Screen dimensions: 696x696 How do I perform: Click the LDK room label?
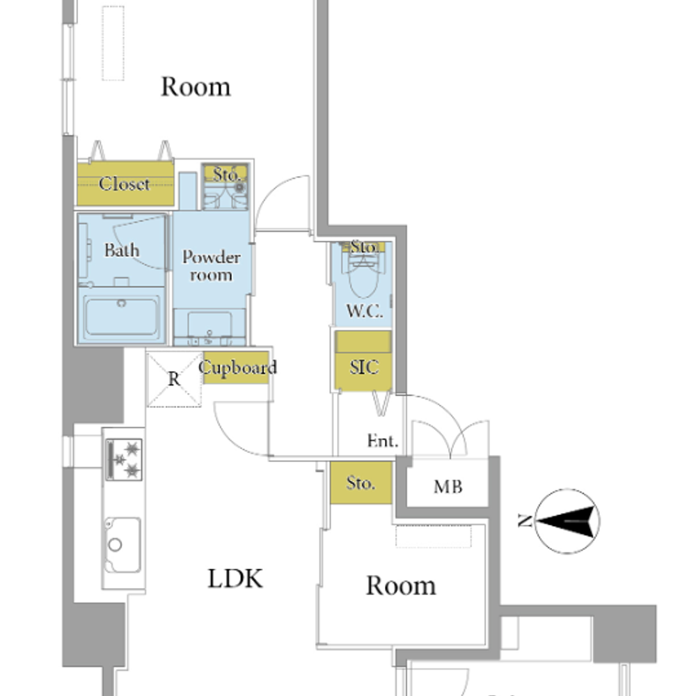click(x=235, y=579)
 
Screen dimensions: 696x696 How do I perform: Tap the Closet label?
click(x=125, y=184)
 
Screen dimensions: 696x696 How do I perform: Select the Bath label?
click(x=122, y=251)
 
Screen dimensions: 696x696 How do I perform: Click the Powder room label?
click(x=212, y=266)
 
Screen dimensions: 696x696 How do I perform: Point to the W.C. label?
click(x=365, y=311)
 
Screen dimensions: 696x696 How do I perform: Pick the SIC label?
click(x=364, y=367)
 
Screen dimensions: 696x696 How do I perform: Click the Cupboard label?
click(x=238, y=367)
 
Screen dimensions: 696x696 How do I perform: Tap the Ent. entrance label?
click(x=383, y=441)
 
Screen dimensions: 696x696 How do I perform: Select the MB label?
click(x=448, y=487)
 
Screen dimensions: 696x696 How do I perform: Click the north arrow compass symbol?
click(x=567, y=521)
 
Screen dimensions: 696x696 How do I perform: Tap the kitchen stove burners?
click(x=125, y=459)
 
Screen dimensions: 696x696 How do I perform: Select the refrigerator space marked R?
click(x=174, y=379)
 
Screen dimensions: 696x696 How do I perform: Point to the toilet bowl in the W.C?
click(x=363, y=278)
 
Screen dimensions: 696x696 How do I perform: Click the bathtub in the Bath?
click(x=122, y=316)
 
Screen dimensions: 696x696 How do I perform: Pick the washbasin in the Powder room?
click(x=209, y=326)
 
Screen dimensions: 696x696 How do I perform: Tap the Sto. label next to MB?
click(x=361, y=483)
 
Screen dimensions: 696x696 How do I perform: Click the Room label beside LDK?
click(x=401, y=585)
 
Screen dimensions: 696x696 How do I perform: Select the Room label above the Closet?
click(x=196, y=86)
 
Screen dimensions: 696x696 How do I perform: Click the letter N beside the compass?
click(x=525, y=520)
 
